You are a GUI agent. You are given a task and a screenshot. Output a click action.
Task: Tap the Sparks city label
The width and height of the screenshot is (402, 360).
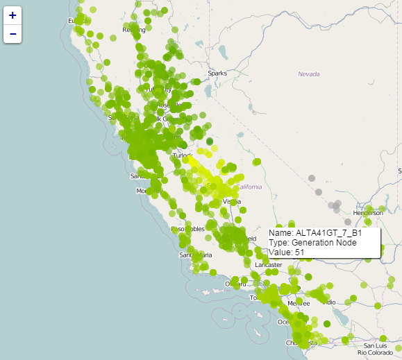click(217, 73)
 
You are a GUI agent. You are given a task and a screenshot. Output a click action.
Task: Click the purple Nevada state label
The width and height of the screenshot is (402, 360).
click(309, 74)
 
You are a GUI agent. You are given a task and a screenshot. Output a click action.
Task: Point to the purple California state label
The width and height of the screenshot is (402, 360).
click(249, 187)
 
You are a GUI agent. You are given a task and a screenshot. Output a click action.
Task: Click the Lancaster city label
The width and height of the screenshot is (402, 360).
click(269, 265)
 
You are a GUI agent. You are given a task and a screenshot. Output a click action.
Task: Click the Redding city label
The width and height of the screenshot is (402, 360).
click(133, 30)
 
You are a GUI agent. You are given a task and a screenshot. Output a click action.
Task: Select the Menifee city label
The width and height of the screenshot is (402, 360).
click(299, 303)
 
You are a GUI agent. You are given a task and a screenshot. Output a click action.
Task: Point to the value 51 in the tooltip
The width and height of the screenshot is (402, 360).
click(299, 252)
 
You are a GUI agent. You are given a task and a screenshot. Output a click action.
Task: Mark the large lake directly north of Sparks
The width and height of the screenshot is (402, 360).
click(224, 54)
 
